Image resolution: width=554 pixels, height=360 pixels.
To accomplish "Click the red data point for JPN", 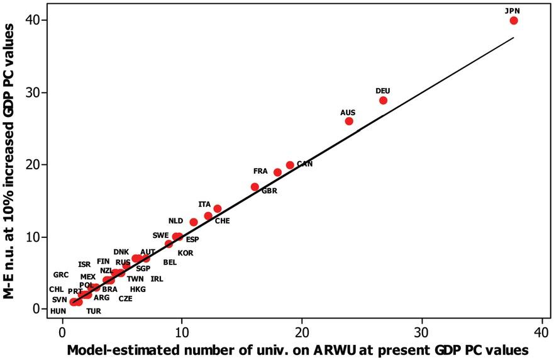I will [514, 21].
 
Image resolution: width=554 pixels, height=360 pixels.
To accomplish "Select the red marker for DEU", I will [384, 100].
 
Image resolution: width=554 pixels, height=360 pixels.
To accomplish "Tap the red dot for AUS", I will [349, 121].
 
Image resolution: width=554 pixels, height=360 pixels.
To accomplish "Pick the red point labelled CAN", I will [290, 165].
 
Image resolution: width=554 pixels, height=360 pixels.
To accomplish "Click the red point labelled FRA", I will [278, 172].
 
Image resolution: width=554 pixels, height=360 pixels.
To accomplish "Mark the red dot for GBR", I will [255, 187].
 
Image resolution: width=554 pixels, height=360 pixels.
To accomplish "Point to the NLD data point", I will [194, 222].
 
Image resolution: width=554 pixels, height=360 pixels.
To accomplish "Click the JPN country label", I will [512, 10].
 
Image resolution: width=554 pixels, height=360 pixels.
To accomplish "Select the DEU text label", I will [383, 91].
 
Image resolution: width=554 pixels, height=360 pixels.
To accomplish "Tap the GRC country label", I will [61, 275].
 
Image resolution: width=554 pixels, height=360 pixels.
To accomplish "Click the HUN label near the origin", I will [58, 311].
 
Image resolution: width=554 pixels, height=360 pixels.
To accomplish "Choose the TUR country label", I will [94, 311].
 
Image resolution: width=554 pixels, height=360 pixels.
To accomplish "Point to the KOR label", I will [186, 253].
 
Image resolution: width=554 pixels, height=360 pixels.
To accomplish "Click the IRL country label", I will [157, 279].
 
